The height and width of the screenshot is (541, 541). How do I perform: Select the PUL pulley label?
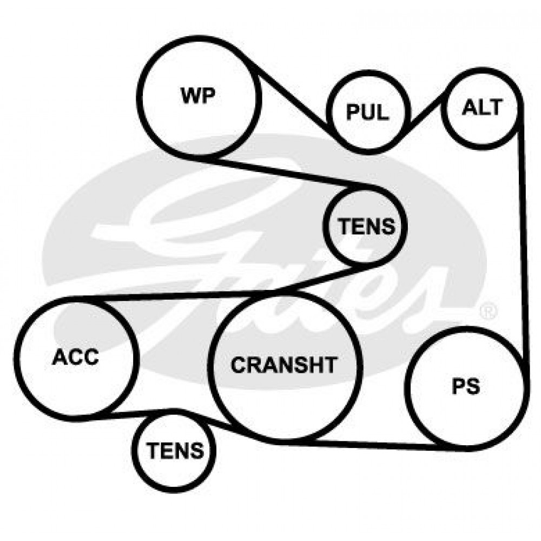point(367,113)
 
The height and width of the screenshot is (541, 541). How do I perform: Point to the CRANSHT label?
point(283,365)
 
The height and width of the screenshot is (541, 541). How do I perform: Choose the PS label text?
point(466,386)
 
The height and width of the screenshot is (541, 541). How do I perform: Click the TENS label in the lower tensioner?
point(175,450)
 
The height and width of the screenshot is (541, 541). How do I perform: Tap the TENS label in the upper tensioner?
point(366,226)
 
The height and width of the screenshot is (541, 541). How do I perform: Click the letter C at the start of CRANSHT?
point(238,365)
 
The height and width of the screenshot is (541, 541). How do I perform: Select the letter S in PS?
point(473,386)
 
